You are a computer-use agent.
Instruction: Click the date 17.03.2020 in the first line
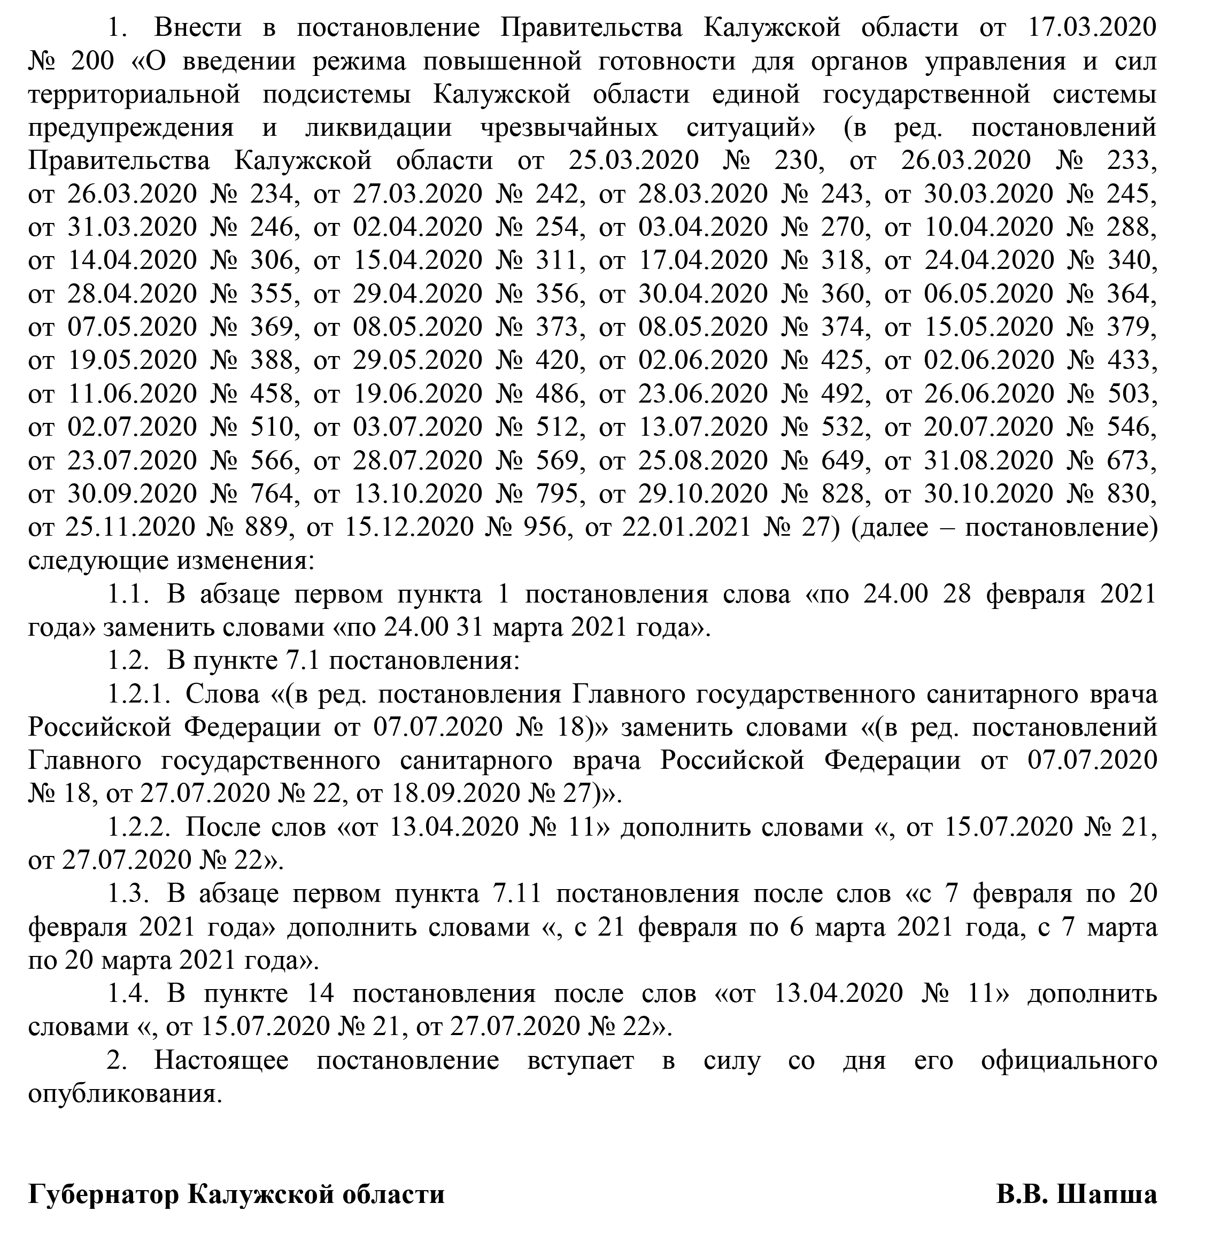[1092, 28]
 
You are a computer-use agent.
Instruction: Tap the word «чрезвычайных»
[569, 128]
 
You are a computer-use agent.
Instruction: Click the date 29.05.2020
[418, 360]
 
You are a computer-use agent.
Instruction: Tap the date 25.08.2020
[703, 460]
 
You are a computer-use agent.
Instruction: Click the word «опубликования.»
[125, 1094]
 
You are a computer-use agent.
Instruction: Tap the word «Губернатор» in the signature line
[103, 1195]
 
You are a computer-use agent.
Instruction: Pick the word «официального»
[1069, 1060]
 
